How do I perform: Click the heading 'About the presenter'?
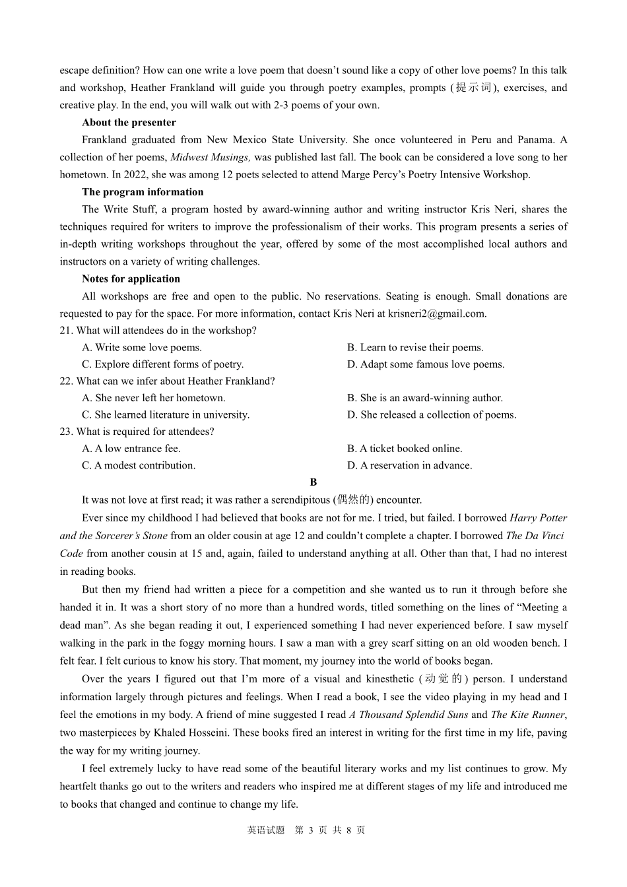[x=129, y=122]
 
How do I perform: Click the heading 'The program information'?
[x=143, y=192]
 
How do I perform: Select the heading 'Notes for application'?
[x=131, y=279]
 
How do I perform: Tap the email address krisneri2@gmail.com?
[x=436, y=313]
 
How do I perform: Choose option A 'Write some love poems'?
[x=142, y=347]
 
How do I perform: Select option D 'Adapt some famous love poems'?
[x=426, y=364]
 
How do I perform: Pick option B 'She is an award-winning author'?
[x=425, y=398]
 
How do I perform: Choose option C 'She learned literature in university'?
[x=166, y=414]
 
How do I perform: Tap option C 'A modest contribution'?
[x=139, y=465]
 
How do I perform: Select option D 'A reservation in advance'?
[x=410, y=465]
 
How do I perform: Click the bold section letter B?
[x=313, y=482]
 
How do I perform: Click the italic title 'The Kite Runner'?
[x=527, y=715]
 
